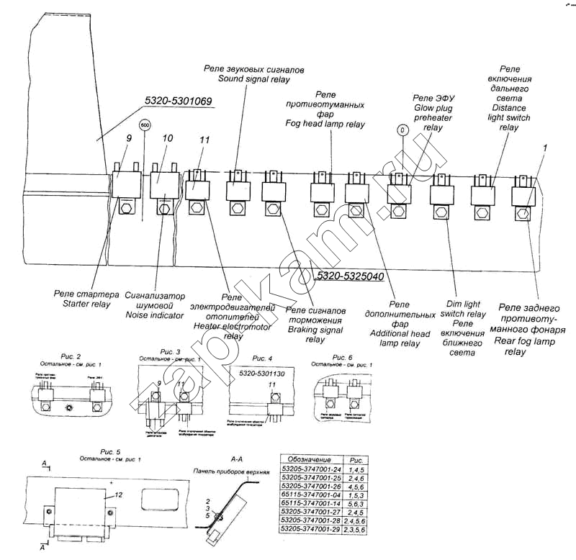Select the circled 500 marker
145,124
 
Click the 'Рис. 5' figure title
109,451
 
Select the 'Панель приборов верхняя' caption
230,472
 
